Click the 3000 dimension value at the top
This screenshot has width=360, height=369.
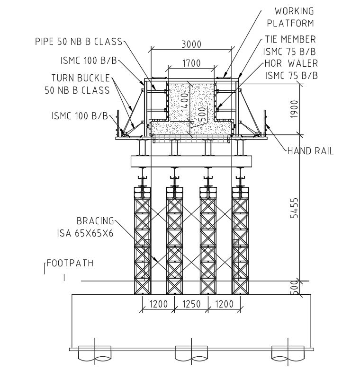pyautogui.click(x=191, y=44)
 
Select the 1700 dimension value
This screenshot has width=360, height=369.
pyautogui.click(x=191, y=63)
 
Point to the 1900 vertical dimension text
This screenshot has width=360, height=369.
pyautogui.click(x=295, y=109)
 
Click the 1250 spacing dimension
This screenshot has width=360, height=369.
pyautogui.click(x=191, y=304)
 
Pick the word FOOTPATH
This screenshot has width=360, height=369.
pyautogui.click(x=70, y=264)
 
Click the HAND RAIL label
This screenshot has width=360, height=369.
pyautogui.click(x=310, y=151)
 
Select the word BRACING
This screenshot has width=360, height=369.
pyautogui.click(x=95, y=221)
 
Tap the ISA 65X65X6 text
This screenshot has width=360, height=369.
pyautogui.click(x=89, y=233)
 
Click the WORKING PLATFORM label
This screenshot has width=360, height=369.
pyautogui.click(x=290, y=17)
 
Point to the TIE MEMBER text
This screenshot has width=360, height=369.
pyautogui.click(x=290, y=39)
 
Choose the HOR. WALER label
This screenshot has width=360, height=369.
pyautogui.click(x=290, y=63)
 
